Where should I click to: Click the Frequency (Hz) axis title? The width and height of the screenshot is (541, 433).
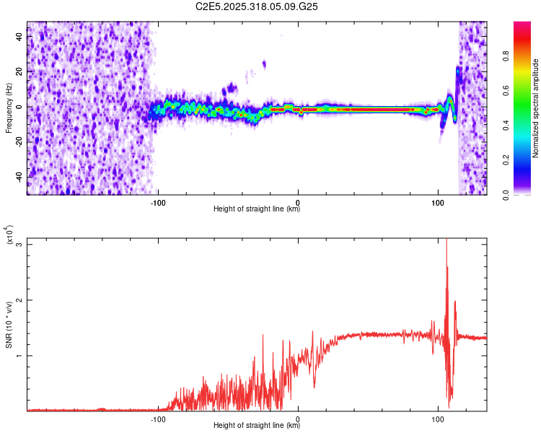[9, 108]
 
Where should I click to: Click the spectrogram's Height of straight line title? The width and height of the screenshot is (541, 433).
[257, 210]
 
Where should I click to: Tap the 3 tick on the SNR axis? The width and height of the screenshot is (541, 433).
[21, 245]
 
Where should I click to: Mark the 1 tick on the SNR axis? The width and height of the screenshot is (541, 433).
[21, 356]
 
